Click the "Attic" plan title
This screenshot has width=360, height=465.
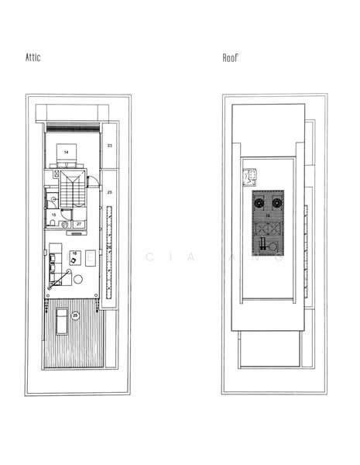[x=33, y=58]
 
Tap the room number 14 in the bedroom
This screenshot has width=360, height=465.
[x=67, y=153]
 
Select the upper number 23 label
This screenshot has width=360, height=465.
[x=109, y=145]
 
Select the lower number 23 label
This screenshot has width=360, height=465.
[x=109, y=191]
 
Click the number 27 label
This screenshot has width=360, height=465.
[x=78, y=224]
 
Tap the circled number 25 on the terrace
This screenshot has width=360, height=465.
[x=75, y=315]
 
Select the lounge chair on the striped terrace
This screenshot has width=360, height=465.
[x=61, y=319]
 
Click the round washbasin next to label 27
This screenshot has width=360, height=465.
[x=65, y=225]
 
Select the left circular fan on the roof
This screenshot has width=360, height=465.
[x=259, y=204]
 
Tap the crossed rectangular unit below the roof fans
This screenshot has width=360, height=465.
[x=268, y=229]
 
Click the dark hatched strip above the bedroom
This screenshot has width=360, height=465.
[x=73, y=126]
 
